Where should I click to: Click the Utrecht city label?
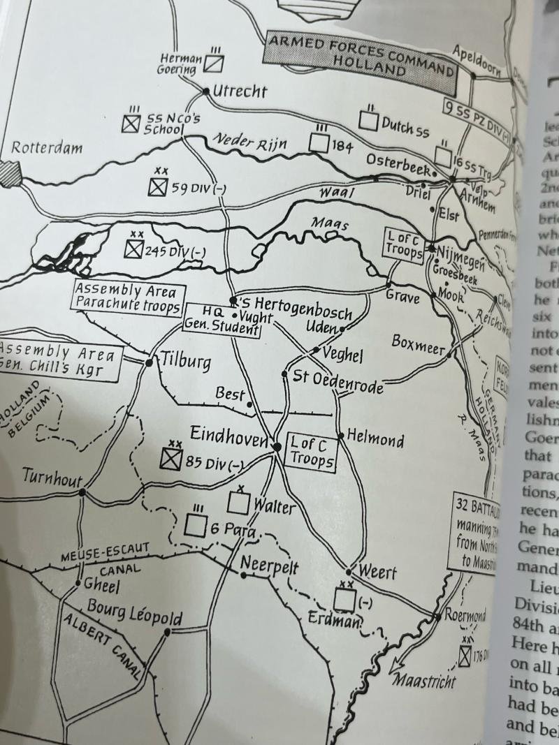pos(240,91)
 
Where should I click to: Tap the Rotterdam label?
pos(46,148)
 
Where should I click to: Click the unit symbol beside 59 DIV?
pos(159,187)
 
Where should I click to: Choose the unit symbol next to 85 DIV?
pos(171,459)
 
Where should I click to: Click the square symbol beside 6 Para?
pos(196,525)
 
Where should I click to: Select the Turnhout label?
pos(52,478)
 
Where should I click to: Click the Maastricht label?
pos(423,679)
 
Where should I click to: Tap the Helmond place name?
pos(375,439)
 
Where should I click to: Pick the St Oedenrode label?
pos(338,381)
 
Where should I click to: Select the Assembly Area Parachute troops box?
pos(127,297)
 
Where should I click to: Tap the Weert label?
pos(377,573)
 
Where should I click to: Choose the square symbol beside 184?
pos(319,143)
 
